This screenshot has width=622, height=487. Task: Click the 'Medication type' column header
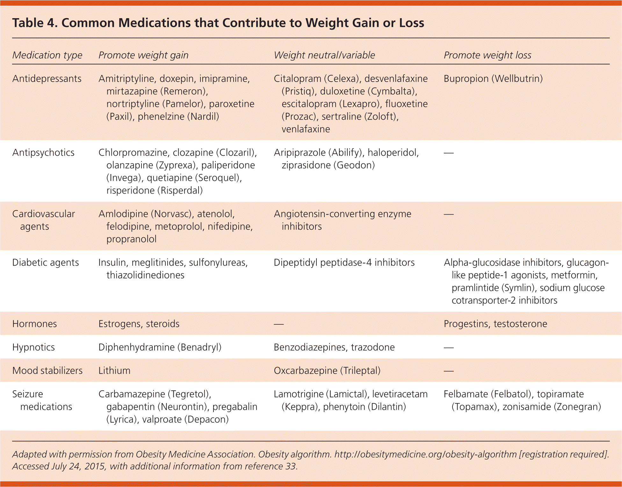click(x=47, y=55)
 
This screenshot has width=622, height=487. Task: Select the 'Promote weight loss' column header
click(x=487, y=55)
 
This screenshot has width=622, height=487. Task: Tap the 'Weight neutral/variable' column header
click(x=324, y=55)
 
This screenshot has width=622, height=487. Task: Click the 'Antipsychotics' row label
click(x=43, y=152)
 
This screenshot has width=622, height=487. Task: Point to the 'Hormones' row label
click(x=34, y=324)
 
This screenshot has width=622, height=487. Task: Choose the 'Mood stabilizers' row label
click(x=47, y=371)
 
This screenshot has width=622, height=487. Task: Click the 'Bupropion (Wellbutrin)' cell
click(x=493, y=78)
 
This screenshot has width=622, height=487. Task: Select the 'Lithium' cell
click(x=114, y=371)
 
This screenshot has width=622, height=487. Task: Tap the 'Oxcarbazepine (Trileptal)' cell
click(x=327, y=371)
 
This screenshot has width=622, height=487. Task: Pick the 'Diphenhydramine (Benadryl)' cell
click(x=160, y=347)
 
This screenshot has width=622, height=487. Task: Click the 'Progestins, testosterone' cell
click(x=495, y=324)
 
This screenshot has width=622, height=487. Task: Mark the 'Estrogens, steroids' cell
click(x=139, y=324)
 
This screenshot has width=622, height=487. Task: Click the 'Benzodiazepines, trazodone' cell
click(x=334, y=347)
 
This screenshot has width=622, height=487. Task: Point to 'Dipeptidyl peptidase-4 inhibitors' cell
click(x=344, y=262)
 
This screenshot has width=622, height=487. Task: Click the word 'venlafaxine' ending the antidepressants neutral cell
click(x=306, y=129)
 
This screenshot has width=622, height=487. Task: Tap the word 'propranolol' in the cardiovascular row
click(x=131, y=239)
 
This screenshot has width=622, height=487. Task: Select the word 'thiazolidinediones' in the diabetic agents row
click(x=145, y=275)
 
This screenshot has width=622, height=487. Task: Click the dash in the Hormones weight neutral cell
click(x=278, y=324)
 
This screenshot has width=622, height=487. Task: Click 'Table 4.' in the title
click(x=35, y=23)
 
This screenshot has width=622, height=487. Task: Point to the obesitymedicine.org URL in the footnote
click(x=425, y=454)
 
